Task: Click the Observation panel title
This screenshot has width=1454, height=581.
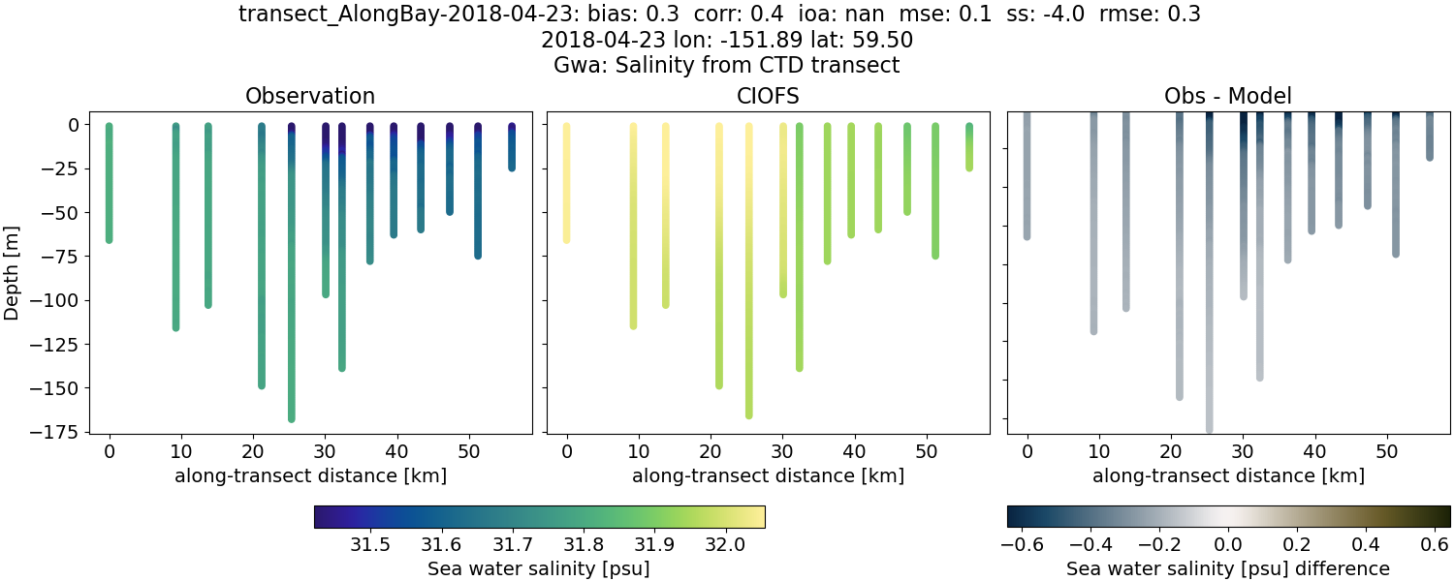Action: (x=310, y=96)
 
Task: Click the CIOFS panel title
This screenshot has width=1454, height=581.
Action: (x=768, y=96)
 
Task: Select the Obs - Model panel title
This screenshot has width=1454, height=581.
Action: (x=1227, y=96)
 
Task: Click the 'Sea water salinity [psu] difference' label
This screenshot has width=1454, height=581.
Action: (x=1228, y=568)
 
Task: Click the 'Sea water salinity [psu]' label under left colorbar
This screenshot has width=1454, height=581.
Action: (x=539, y=568)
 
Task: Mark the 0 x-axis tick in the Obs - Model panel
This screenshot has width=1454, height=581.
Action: (x=1027, y=451)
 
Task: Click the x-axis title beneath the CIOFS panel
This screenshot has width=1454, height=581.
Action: (x=768, y=475)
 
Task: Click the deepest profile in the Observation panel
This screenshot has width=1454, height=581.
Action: (x=292, y=290)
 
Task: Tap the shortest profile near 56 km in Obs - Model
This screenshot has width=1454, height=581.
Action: (x=1430, y=136)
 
